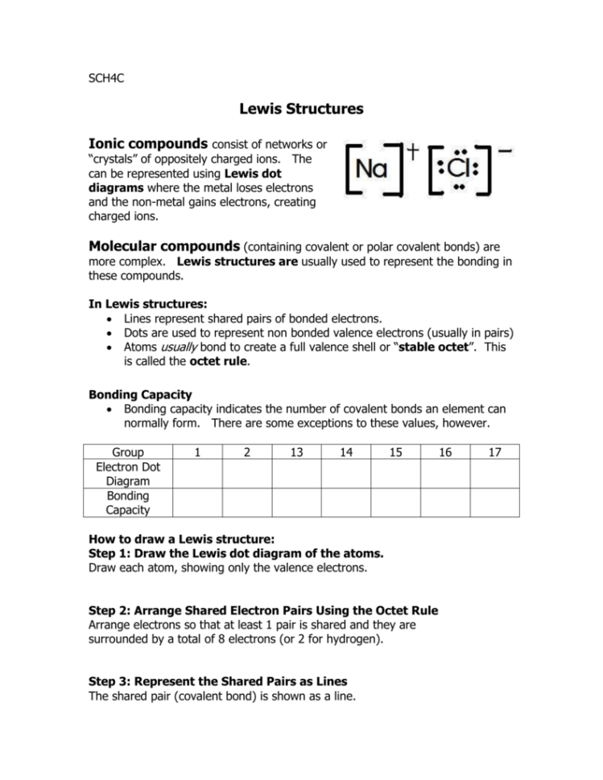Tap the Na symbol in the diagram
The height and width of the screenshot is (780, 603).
[x=371, y=170]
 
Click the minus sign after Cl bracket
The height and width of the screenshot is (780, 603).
[x=508, y=150]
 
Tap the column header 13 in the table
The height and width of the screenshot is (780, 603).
[x=296, y=453]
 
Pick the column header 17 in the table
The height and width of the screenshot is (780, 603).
[x=494, y=453]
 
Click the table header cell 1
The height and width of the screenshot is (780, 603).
[x=197, y=453]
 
